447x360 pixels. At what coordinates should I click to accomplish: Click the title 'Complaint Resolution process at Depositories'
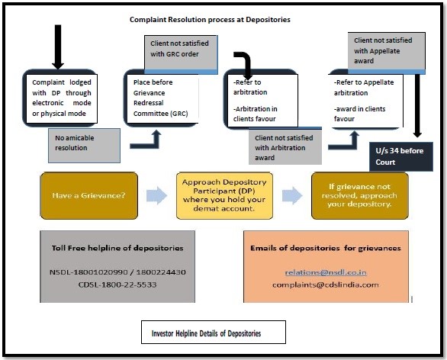tap(210, 20)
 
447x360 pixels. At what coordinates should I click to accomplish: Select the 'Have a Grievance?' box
tap(89, 195)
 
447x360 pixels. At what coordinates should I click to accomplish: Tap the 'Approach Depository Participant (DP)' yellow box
tap(224, 195)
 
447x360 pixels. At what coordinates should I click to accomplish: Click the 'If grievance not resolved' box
tap(360, 195)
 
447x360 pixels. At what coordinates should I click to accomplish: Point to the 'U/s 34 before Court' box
tap(401, 156)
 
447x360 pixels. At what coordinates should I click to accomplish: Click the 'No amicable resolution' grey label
tap(84, 146)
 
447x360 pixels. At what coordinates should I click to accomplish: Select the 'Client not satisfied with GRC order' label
tap(181, 53)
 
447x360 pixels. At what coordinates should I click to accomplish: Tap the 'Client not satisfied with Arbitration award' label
tap(285, 147)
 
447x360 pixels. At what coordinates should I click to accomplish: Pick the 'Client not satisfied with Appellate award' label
tap(386, 51)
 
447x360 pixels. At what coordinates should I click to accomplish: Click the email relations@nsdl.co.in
tap(326, 272)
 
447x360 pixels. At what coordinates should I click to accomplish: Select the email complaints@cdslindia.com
tap(326, 284)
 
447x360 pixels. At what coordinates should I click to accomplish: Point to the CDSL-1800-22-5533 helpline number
tap(117, 284)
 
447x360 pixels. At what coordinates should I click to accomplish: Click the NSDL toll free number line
tap(117, 272)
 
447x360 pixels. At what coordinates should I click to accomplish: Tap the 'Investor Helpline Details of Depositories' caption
tap(206, 333)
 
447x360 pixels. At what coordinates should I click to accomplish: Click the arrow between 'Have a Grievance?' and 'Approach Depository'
tap(157, 195)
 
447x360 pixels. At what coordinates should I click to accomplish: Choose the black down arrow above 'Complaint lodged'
tap(58, 47)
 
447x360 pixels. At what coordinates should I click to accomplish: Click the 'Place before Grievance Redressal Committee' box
tap(161, 98)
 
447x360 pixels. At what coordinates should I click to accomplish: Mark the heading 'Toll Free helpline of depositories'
tap(117, 248)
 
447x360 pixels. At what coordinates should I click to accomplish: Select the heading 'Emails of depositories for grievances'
tap(326, 248)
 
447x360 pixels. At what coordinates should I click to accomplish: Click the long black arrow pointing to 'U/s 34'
tap(417, 106)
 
